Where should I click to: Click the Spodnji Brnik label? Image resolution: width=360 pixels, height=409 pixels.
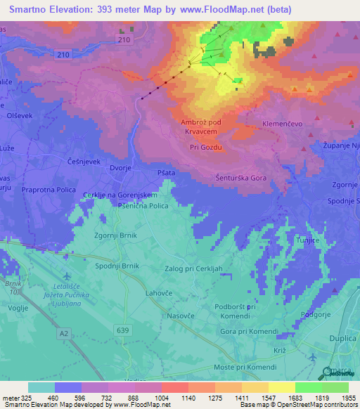pyautogui.click(x=117, y=266)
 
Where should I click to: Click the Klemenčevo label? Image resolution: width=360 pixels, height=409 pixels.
pyautogui.click(x=282, y=123)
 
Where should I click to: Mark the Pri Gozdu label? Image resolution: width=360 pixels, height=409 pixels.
pyautogui.click(x=206, y=147)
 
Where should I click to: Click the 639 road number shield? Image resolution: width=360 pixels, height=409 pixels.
pyautogui.click(x=124, y=330)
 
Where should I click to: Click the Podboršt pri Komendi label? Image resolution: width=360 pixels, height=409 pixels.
pyautogui.click(x=238, y=311)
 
